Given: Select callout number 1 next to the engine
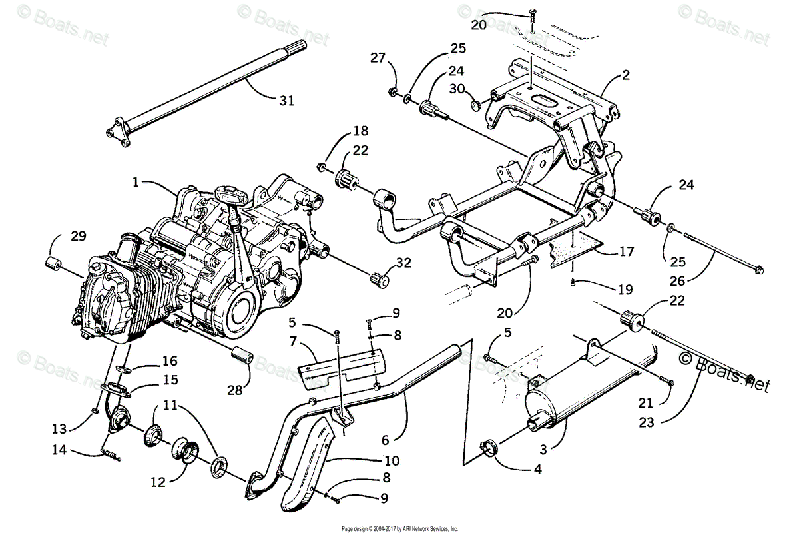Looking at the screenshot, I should (x=136, y=182).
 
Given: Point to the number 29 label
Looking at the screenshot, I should (x=79, y=236).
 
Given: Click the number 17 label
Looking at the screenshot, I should (x=626, y=252).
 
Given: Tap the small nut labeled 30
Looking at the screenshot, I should (x=475, y=105).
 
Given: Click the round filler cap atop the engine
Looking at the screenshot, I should (x=231, y=195).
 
